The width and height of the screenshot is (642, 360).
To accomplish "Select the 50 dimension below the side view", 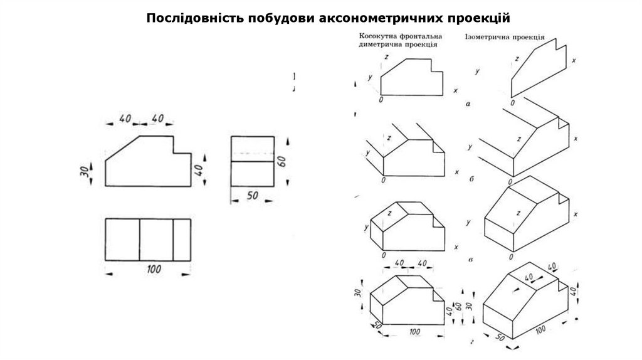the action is [x=253, y=196].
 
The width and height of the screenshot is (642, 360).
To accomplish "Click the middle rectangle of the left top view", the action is [x=156, y=239].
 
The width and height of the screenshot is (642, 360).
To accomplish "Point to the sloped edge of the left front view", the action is [x=122, y=148].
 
